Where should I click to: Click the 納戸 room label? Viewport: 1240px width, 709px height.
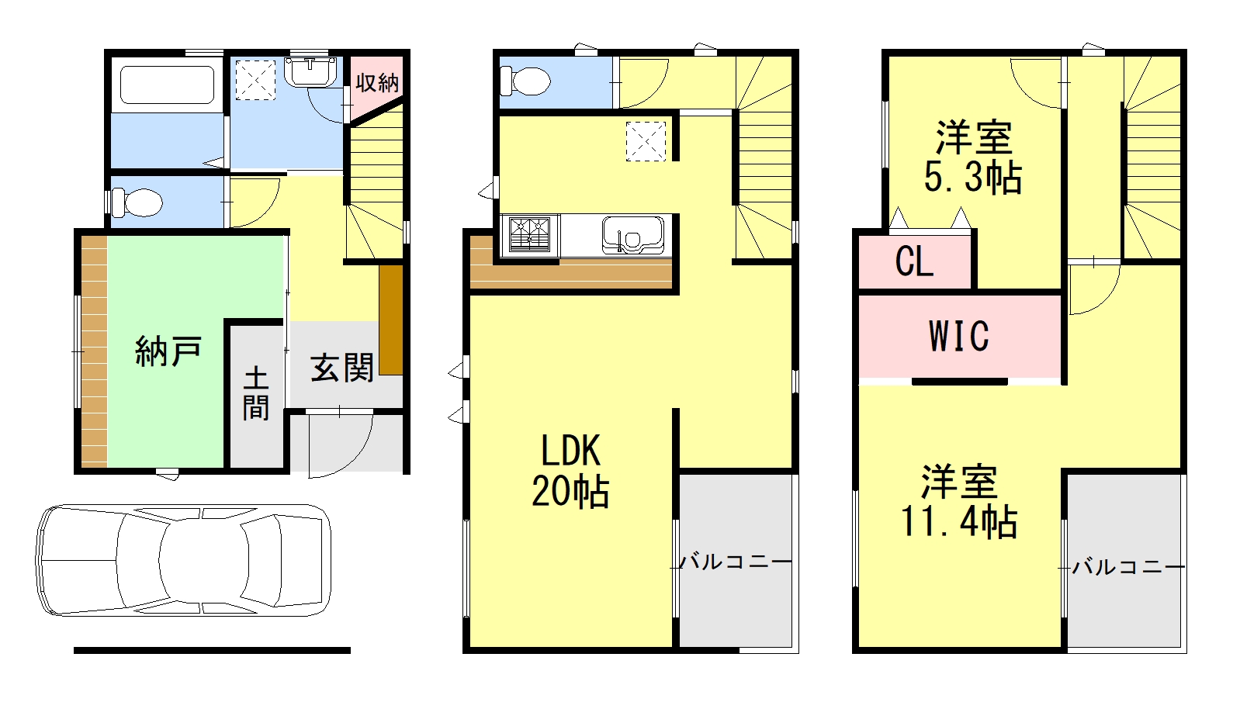tap(168, 351)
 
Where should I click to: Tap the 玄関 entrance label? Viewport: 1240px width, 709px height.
tap(342, 367)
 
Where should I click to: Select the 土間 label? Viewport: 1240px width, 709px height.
tap(256, 393)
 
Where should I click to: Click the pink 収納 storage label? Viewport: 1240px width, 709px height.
tap(377, 82)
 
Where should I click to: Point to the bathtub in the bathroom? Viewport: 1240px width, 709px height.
tap(167, 85)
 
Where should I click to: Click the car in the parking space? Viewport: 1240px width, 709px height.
tap(183, 559)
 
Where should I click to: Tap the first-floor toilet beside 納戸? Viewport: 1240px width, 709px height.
tap(137, 203)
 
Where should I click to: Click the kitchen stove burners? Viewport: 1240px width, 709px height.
tap(530, 234)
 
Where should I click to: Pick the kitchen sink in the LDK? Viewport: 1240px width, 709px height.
tap(633, 235)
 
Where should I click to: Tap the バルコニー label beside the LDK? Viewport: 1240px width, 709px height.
tap(736, 561)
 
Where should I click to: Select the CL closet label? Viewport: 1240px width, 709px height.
tap(914, 261)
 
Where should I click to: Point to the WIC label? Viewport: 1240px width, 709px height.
tap(959, 337)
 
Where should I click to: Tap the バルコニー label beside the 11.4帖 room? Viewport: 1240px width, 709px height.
tap(1128, 567)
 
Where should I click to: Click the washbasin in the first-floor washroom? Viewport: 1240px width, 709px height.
tap(310, 73)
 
